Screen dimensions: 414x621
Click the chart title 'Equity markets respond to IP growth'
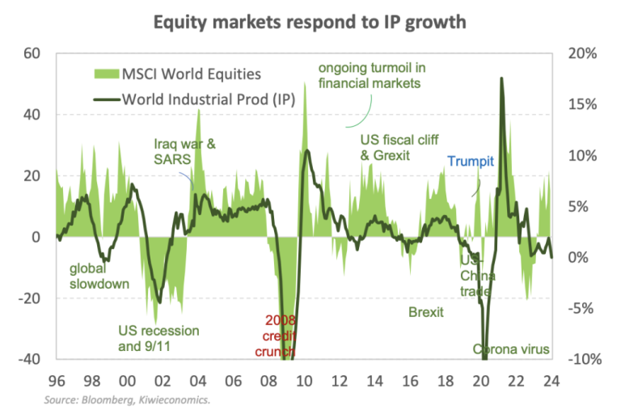310,21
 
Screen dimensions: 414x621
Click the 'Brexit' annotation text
425,312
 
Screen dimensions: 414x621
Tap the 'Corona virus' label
511,350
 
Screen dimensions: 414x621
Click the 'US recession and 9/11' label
158,338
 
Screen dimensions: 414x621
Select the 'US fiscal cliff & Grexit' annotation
397,146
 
